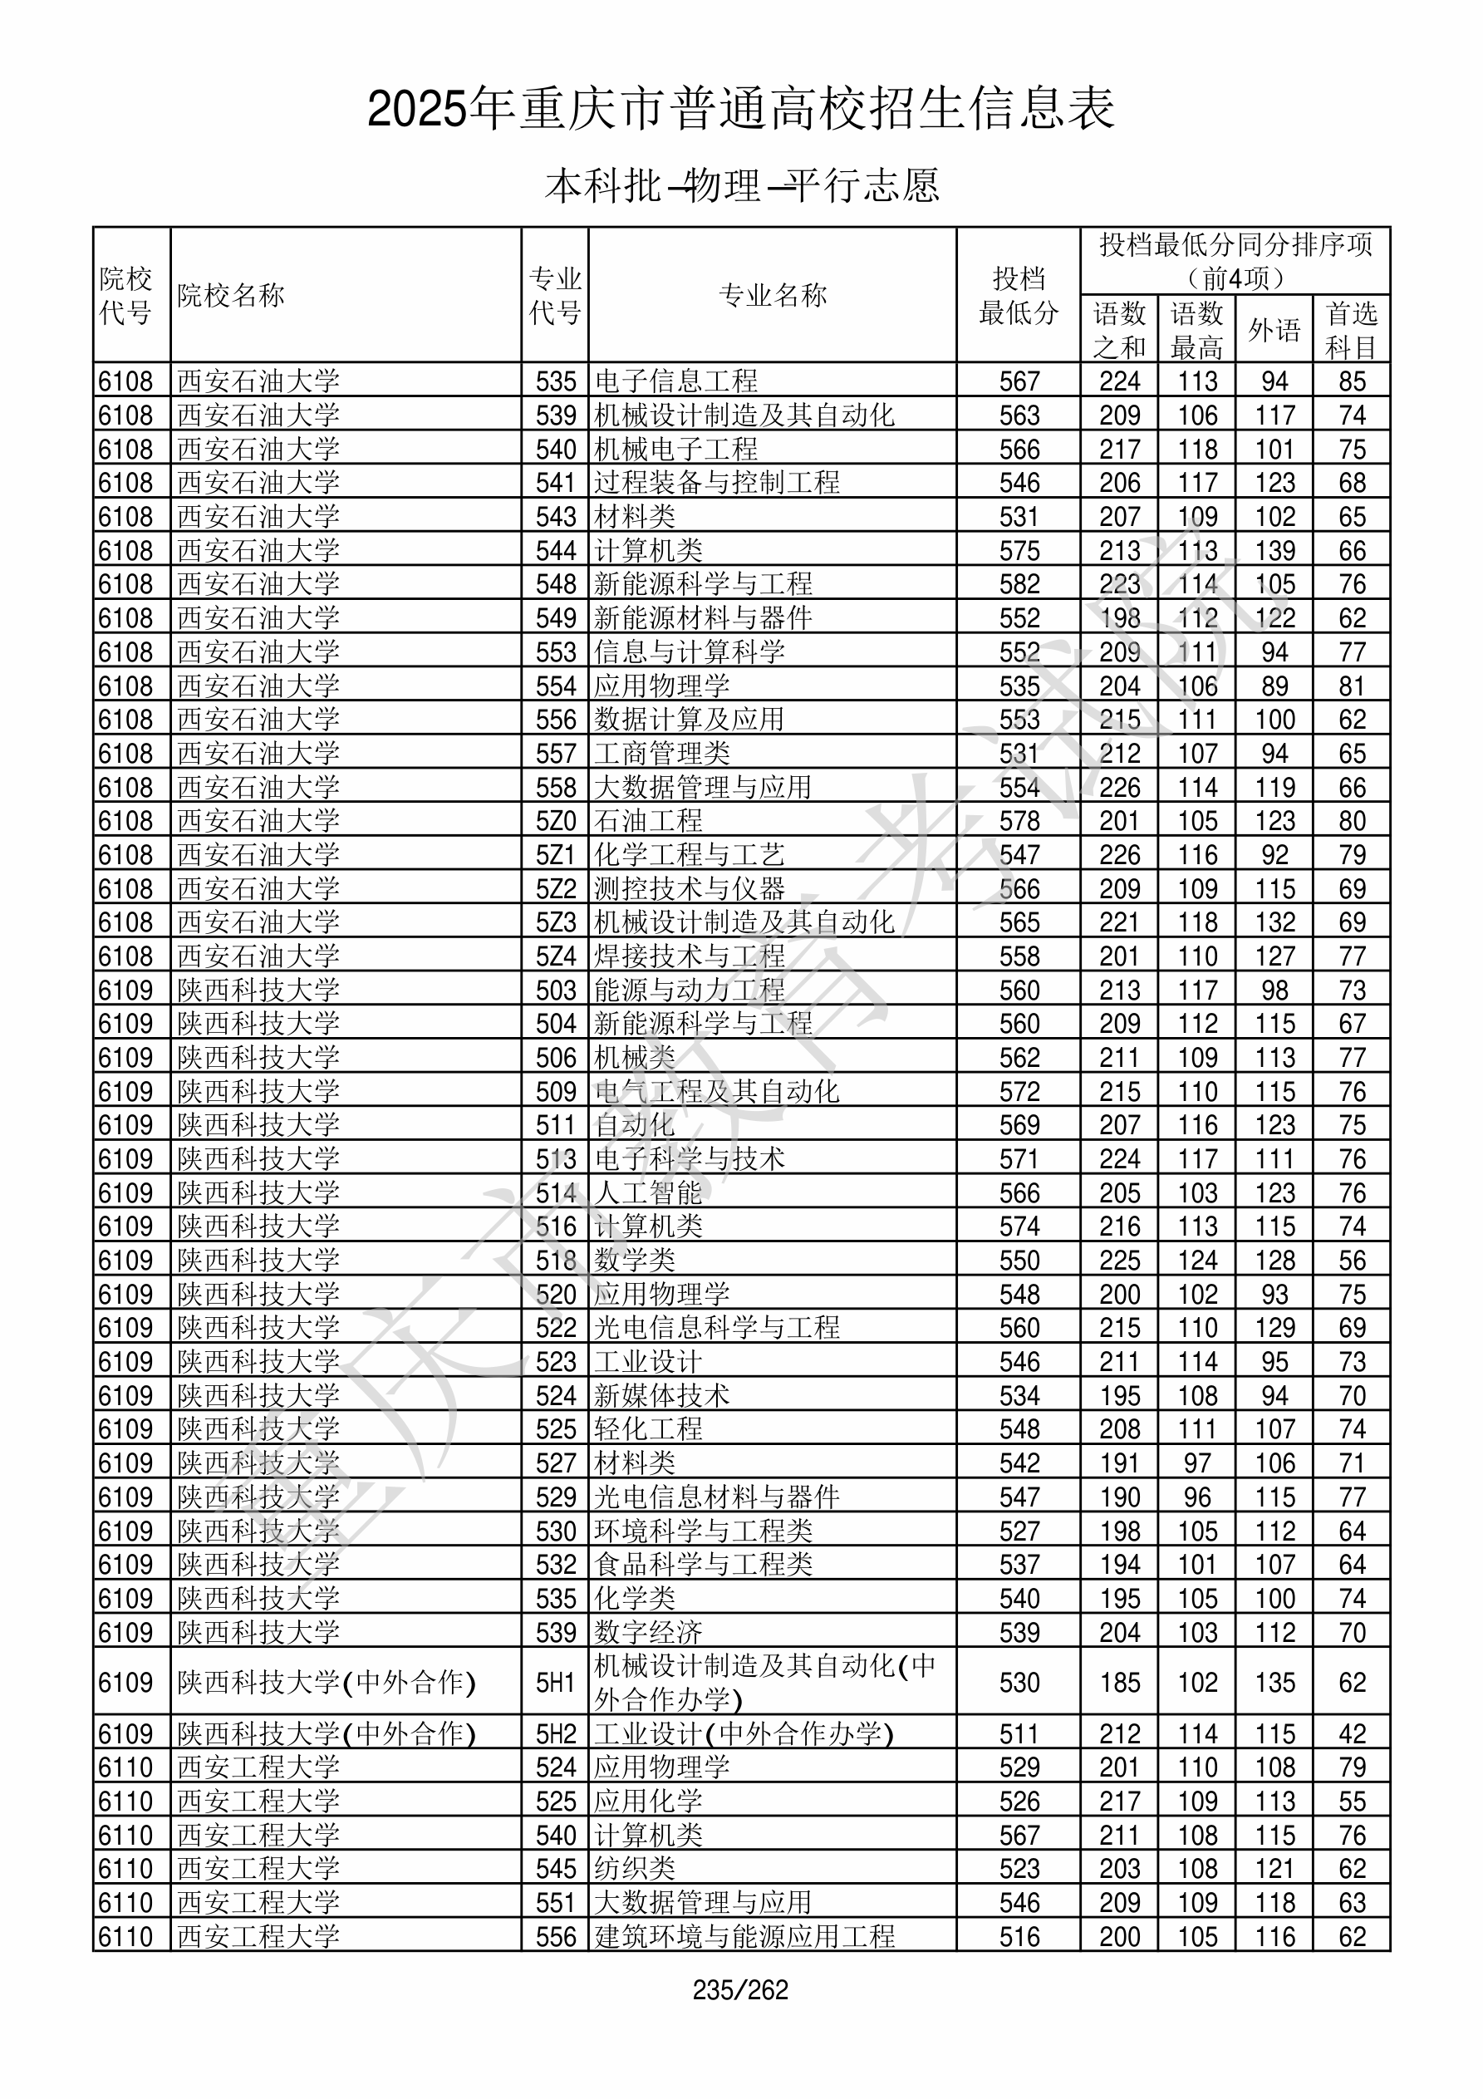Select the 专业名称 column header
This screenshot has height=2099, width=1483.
click(x=773, y=295)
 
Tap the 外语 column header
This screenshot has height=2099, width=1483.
click(x=1274, y=330)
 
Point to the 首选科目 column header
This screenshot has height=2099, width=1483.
click(x=1352, y=330)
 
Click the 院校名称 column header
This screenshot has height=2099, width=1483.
click(x=231, y=295)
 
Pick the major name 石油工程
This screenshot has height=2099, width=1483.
click(x=648, y=821)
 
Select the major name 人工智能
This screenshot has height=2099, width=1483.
click(x=648, y=1193)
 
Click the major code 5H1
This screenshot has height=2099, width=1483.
click(x=556, y=1683)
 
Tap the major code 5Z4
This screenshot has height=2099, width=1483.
click(x=556, y=956)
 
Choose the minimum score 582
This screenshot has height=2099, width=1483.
click(x=1019, y=584)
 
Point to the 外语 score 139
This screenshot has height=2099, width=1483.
click(x=1274, y=550)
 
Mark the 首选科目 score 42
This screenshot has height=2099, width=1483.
click(x=1352, y=1734)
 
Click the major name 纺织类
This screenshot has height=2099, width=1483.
click(x=635, y=1869)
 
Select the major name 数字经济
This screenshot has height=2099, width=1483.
click(x=648, y=1633)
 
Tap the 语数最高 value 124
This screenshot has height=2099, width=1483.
click(x=1197, y=1261)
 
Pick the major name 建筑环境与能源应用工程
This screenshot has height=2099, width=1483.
click(x=744, y=1936)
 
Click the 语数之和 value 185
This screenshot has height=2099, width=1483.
click(x=1119, y=1683)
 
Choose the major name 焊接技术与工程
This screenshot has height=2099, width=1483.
click(x=690, y=956)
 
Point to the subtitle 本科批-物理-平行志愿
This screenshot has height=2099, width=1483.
click(x=741, y=185)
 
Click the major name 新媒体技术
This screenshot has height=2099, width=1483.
click(x=662, y=1396)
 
